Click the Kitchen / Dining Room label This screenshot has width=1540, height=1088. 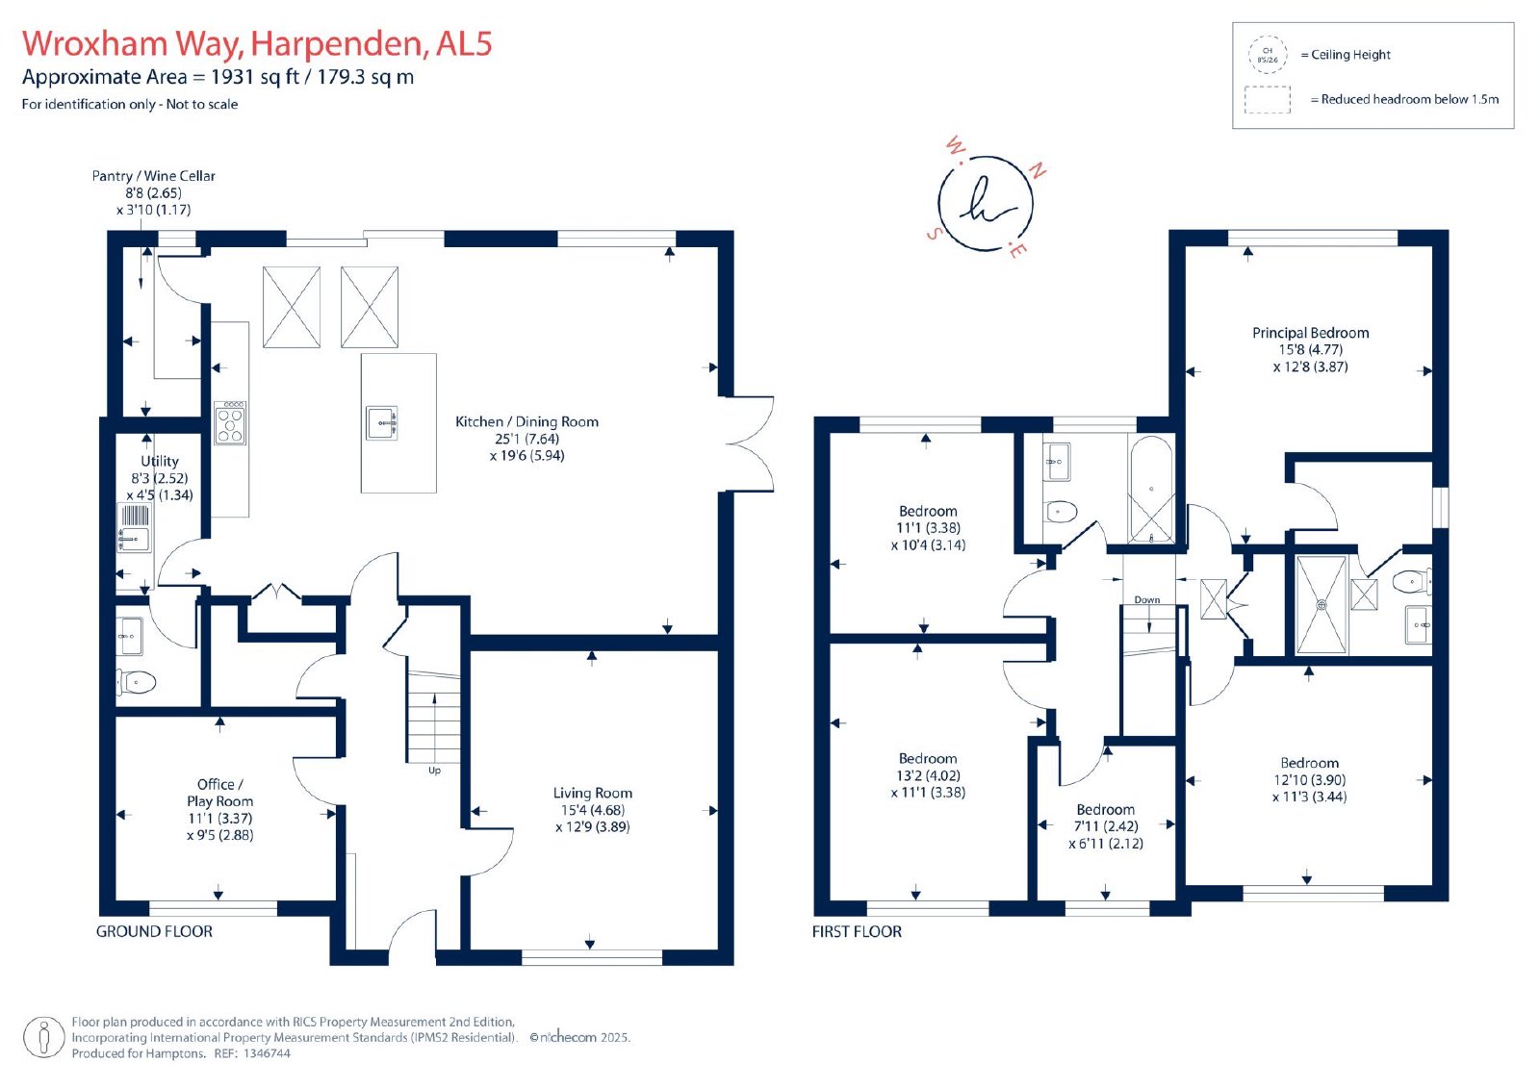click(526, 422)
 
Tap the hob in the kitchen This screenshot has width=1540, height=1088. click(230, 422)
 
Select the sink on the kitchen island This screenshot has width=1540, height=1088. click(381, 422)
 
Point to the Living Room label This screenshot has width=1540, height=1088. click(593, 793)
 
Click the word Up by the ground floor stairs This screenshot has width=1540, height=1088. click(434, 771)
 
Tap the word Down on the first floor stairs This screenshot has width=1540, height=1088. click(1146, 600)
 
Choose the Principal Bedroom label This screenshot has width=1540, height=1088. click(1310, 333)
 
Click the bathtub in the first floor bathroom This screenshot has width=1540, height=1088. click(1151, 490)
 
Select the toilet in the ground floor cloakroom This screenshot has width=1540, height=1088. click(136, 682)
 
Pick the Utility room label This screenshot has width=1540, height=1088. click(160, 461)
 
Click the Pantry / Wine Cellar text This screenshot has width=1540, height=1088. click(153, 176)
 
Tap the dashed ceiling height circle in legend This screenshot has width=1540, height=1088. click(1267, 55)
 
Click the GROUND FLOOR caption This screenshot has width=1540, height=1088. click(154, 931)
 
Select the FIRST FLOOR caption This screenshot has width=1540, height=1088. click(857, 931)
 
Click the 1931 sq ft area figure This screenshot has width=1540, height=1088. click(254, 76)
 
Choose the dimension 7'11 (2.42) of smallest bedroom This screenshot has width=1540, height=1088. click(1106, 826)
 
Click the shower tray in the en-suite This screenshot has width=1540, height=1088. click(1321, 604)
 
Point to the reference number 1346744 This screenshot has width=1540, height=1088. click(267, 1053)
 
